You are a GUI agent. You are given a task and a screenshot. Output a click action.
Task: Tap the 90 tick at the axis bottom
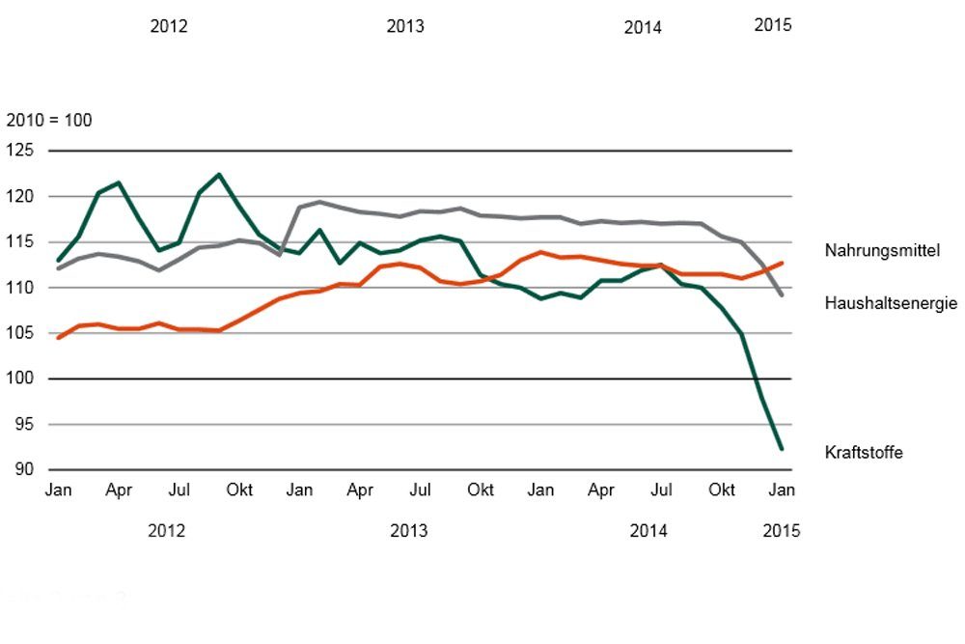[x=23, y=470]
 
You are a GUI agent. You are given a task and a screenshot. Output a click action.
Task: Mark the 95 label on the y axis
[x=23, y=425]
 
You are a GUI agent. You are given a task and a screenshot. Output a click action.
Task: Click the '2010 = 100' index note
[x=49, y=122]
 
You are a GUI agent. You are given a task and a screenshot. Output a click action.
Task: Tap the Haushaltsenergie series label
[x=891, y=303]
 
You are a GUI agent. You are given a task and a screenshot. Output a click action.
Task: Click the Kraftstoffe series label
[x=864, y=452]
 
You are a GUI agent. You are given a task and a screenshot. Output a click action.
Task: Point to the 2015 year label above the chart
[x=772, y=25]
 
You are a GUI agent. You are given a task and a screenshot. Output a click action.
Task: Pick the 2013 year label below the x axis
[x=408, y=531]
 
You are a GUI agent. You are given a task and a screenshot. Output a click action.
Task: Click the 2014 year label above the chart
[x=643, y=27]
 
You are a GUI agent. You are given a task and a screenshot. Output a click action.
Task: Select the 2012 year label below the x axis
[x=167, y=531]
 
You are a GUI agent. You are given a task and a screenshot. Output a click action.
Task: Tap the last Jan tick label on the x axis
[x=781, y=490]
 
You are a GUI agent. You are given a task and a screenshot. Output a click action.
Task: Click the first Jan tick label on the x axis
[x=59, y=490]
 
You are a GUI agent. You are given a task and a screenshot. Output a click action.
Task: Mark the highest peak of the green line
[x=219, y=175]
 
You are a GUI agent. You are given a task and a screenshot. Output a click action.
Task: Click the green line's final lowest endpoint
[x=781, y=449]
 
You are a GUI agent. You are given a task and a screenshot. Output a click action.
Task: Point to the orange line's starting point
[x=59, y=338]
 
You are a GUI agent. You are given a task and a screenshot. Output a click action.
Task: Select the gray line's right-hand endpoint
[x=781, y=295]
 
